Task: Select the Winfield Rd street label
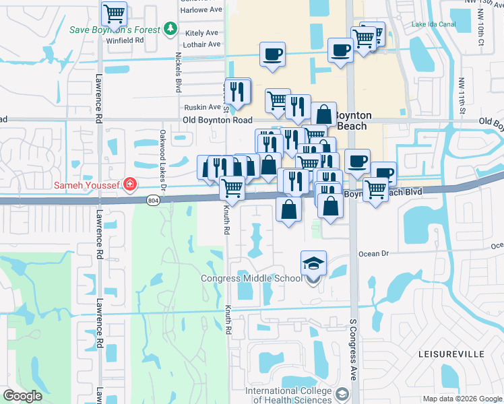pos(126,40)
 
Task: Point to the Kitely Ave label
pos(202,33)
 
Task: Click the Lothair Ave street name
pos(203,44)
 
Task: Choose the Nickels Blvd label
pos(179,72)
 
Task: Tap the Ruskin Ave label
pos(203,107)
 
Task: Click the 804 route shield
pos(153,200)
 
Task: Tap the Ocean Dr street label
pos(374,254)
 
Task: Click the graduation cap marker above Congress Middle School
pos(313,263)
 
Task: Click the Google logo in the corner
pos(22,396)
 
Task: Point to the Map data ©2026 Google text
pos(462,399)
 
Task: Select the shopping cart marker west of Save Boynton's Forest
pos(114,13)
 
